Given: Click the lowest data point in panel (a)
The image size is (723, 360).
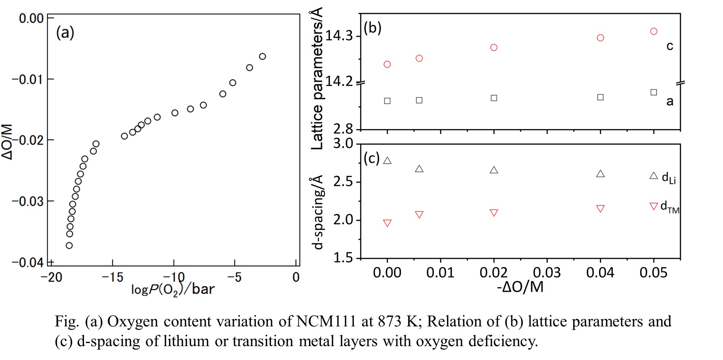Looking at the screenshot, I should coord(69,245).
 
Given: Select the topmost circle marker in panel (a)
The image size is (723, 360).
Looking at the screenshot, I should coord(262,56).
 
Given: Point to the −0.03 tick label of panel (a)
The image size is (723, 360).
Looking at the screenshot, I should coord(28,201).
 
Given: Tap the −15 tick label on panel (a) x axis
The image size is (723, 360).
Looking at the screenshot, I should coord(112,278).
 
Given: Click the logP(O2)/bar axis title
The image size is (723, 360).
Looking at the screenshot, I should coord(173,289).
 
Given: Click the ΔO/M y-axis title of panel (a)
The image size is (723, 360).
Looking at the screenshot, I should coord(7,142).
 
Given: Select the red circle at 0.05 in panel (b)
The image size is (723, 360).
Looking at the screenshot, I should coord(653,31).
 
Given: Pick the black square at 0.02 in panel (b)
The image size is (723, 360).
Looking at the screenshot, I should coord(494,98).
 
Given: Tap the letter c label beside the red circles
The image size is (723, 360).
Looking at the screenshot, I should coord(669,46).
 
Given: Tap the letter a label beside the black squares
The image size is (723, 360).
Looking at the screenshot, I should coord(669,101).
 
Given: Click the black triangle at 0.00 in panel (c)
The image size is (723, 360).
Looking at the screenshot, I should coord(387,161).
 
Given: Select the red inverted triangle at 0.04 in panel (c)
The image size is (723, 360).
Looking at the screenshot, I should coord(600,209).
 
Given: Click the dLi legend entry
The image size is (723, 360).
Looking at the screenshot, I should coord(663,177).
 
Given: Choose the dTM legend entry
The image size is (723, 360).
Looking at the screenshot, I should coord(665,206).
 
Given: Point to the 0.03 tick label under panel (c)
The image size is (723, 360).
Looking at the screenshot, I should coord(547,272).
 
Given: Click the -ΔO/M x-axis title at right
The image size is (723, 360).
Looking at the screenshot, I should coord(520,287).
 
